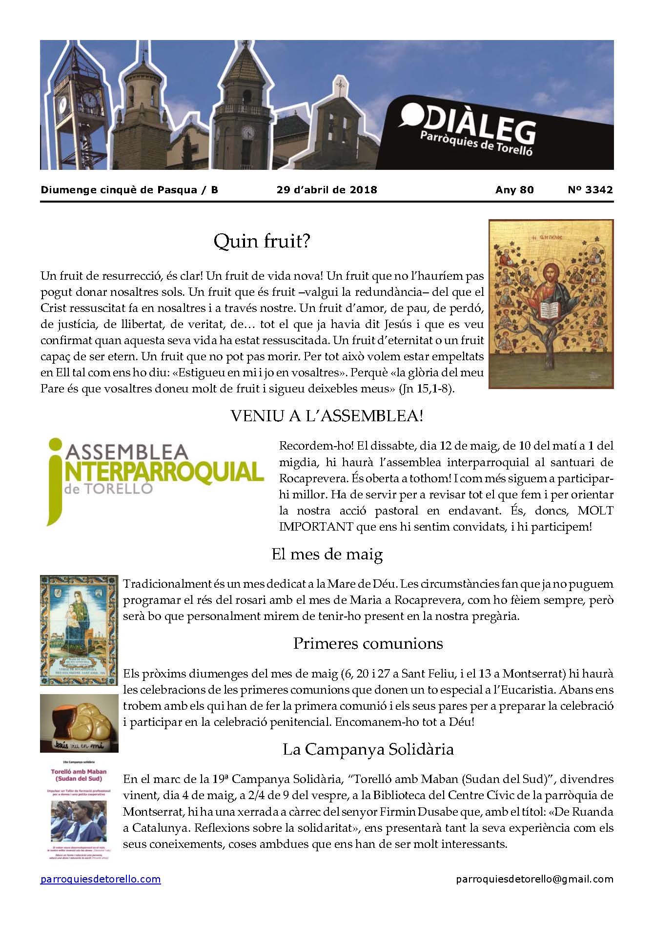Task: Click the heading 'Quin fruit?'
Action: pos(262,241)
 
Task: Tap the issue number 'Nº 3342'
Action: pos(590,190)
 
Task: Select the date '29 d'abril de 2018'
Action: pos(327,190)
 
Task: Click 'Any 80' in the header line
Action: pos(514,190)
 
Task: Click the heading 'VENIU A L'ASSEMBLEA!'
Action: pos(327,416)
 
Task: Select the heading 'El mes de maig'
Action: pos(327,555)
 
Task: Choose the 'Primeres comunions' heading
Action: pos(368,643)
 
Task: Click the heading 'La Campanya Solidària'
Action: pos(368,749)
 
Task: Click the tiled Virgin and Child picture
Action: pos(79,630)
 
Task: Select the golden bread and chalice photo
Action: pos(79,723)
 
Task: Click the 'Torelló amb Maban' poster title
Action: pos(79,775)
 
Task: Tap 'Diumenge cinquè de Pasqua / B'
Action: pos(129,190)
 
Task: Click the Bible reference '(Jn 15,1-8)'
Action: pos(427,389)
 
